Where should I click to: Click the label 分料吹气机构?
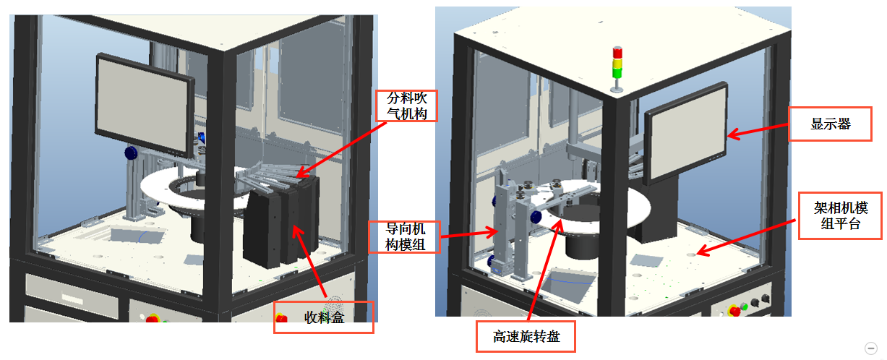pyautogui.click(x=406, y=106)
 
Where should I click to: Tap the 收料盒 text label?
pyautogui.click(x=323, y=317)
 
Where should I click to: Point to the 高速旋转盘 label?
pyautogui.click(x=526, y=337)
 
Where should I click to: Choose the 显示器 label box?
pyautogui.click(x=830, y=124)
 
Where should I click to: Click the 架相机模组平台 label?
pyautogui.click(x=841, y=215)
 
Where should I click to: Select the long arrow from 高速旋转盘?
pyautogui.click(x=542, y=267)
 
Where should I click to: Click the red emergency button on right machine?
pyautogui.click(x=736, y=310)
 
